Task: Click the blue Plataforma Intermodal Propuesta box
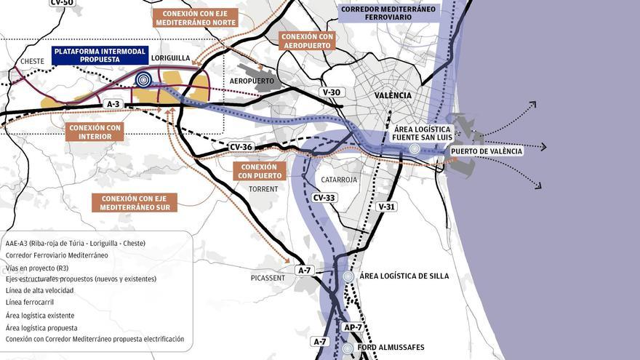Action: tap(100, 55)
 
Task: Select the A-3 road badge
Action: tap(113, 105)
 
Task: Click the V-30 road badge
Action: tap(330, 92)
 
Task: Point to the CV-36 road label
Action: tap(241, 147)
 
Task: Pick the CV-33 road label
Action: tap(324, 197)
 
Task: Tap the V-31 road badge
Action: tap(386, 207)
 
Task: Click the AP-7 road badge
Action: tap(353, 327)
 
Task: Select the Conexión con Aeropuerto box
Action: tap(307, 41)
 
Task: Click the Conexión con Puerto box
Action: tap(260, 171)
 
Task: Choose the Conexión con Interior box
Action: tap(95, 132)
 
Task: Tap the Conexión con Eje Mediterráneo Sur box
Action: tap(135, 203)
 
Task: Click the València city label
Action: tap(393, 95)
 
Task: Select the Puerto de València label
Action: tap(487, 151)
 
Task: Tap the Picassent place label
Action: tap(268, 278)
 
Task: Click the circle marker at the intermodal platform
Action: tap(144, 80)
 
